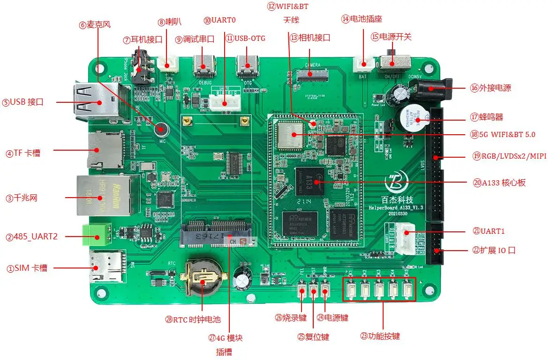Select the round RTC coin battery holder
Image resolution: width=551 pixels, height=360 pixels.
tap(204, 278)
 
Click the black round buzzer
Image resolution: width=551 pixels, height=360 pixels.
tap(412, 117)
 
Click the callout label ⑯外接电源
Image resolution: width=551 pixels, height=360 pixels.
tap(490, 88)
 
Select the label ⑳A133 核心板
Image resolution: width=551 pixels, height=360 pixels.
tap(499, 183)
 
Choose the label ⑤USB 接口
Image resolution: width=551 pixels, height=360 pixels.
tap(23, 102)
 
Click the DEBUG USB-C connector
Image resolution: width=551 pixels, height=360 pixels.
tap(204, 66)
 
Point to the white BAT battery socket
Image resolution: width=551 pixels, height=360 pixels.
tap(365, 63)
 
